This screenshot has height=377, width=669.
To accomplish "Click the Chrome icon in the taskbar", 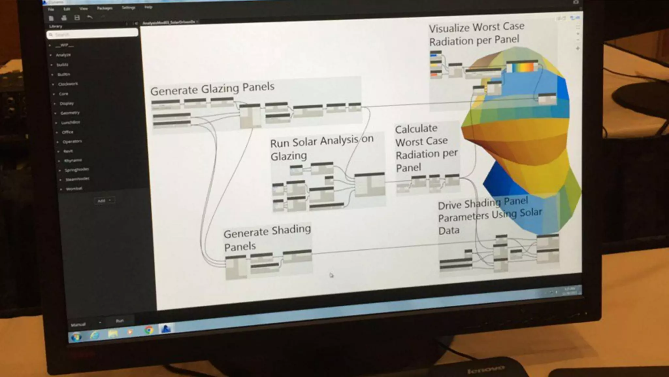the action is pos(149,330).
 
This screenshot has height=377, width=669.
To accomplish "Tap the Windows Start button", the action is pos(76,337).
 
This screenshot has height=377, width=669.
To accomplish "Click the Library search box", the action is pos(93,34).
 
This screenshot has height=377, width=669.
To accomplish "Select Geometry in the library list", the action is pos(70,113).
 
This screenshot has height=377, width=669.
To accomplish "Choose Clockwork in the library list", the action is pos(68,84).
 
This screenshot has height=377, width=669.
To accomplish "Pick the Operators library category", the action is pos(72,141).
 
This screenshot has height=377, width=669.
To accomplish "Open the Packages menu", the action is pos(105,8).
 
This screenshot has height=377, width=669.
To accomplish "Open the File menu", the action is pos(51,9).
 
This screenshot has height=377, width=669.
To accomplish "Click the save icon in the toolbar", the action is pos(77,18).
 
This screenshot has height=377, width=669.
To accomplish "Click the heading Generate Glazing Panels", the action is pos(212,89).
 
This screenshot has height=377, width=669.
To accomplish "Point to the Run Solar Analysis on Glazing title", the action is pos(321,148).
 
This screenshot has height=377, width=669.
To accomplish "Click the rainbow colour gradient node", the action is pos(522,66).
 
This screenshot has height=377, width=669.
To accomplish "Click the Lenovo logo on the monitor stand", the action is pos(486,369).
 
